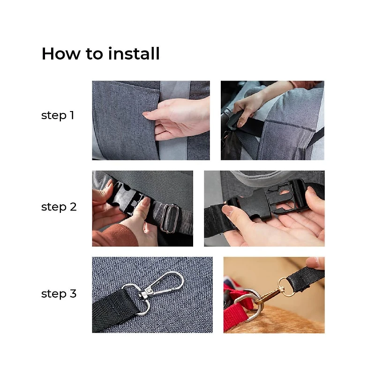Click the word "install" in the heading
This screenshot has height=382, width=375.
pyautogui.click(x=134, y=53)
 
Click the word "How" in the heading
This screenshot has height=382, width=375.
pyautogui.click(x=60, y=53)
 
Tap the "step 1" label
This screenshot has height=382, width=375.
pyautogui.click(x=58, y=115)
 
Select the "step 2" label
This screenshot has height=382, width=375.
pyautogui.click(x=59, y=207)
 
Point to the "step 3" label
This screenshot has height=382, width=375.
pyautogui.click(x=59, y=293)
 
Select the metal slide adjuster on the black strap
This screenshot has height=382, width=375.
pyautogui.click(x=169, y=218)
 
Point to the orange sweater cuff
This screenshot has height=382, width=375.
pyautogui.click(x=114, y=235)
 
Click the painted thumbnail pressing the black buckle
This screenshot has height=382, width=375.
pyautogui.click(x=145, y=202)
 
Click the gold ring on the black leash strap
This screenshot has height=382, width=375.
pyautogui.click(x=286, y=287)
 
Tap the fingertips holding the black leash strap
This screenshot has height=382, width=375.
pyautogui.click(x=315, y=262)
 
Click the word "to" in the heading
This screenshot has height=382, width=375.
pyautogui.click(x=94, y=54)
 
